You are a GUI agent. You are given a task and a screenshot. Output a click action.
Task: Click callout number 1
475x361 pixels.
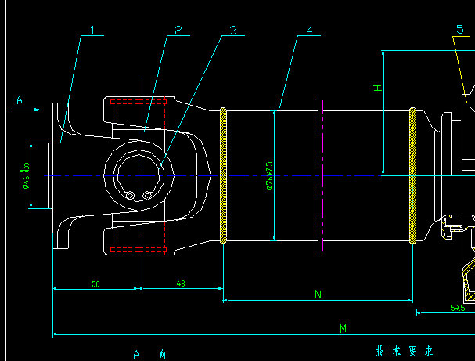click(92, 31)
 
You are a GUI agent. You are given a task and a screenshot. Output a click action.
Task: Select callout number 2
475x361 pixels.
click(178, 31)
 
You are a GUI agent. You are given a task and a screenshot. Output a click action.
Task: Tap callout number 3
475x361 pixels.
click(232, 31)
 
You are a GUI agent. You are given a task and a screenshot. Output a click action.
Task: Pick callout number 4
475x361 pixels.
click(309, 31)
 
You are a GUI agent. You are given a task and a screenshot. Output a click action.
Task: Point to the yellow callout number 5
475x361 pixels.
click(459, 29)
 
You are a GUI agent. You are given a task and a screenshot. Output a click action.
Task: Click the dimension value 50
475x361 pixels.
click(95, 283)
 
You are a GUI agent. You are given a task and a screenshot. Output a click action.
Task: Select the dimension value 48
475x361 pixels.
click(181, 283)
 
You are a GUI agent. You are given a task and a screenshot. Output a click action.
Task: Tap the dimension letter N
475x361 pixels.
click(318, 294)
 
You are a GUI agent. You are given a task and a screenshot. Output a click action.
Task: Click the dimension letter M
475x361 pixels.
click(343, 329)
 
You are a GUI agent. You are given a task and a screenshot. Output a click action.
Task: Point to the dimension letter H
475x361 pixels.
click(377, 88)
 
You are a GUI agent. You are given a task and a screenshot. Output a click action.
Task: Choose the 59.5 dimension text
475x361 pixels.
click(458, 308)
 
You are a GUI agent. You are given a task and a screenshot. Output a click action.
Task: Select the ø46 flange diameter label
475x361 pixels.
click(26, 175)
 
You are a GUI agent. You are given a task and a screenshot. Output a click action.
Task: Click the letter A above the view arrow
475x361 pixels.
click(20, 99)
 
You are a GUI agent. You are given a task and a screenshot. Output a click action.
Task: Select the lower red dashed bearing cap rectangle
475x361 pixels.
click(139, 250)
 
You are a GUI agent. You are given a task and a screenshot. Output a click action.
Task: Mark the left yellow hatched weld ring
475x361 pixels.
click(223, 175)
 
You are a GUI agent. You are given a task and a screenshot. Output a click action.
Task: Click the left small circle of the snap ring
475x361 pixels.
click(131, 195)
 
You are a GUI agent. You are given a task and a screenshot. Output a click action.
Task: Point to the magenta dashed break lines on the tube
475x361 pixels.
click(321, 175)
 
